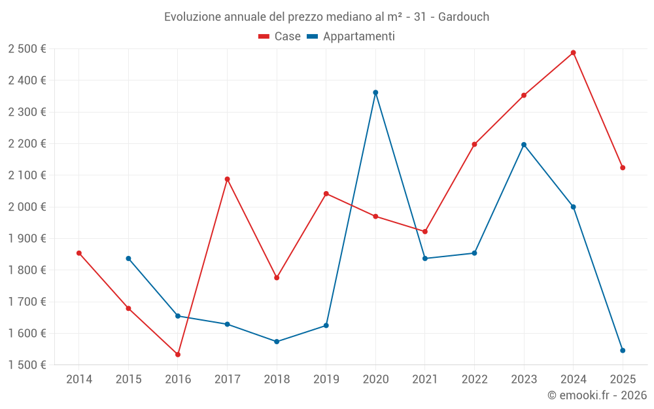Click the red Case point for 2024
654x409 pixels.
coord(573,53)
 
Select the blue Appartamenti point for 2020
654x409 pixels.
coord(375,93)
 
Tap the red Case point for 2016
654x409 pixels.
coord(178,355)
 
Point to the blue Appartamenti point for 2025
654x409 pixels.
coord(623,351)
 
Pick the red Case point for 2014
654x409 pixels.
coord(79,253)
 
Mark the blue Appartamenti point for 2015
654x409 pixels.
coord(128,258)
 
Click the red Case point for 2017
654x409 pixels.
coord(227,179)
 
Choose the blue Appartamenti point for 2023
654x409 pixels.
coord(524,145)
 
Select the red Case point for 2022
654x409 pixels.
coord(474,145)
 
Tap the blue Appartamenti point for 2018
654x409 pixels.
coord(277,342)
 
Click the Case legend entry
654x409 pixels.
coord(280,37)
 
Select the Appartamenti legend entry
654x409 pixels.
coord(351,37)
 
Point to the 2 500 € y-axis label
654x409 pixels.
coord(27,49)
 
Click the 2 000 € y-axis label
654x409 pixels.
coord(27,207)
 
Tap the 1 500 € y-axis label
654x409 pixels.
coord(27,365)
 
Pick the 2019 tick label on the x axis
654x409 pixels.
coord(326,379)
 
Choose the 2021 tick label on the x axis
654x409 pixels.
coord(424,379)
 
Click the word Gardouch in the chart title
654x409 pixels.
coord(463,17)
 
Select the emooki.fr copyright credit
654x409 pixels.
coord(596,395)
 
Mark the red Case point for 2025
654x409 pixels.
coord(623,168)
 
